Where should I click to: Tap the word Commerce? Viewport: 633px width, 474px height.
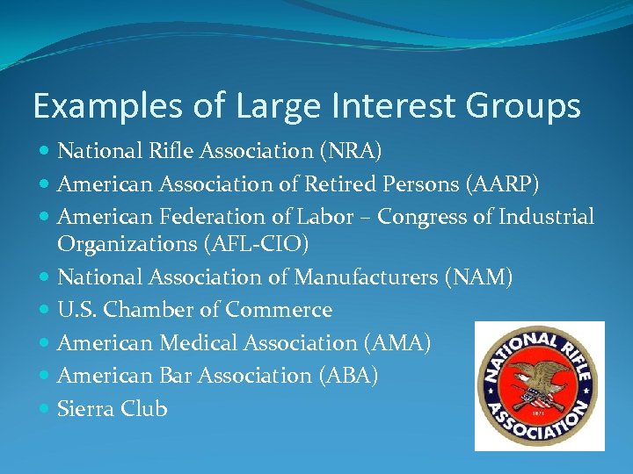pyautogui.click(x=279, y=311)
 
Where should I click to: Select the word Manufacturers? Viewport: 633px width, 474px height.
pyautogui.click(x=367, y=278)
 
